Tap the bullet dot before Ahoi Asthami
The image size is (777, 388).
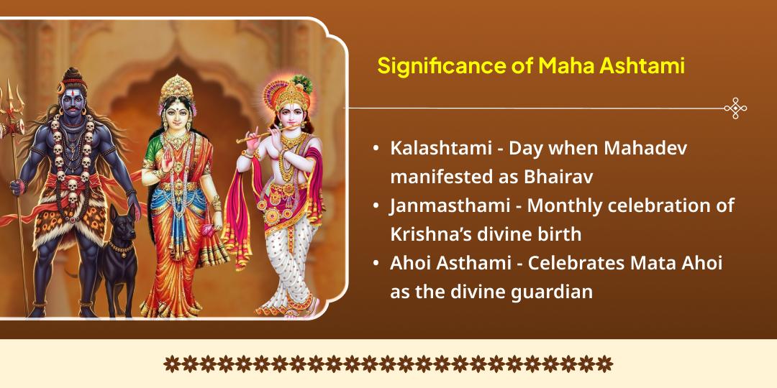click(376, 264)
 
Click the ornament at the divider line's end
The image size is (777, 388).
click(735, 108)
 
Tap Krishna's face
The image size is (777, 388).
click(286, 115)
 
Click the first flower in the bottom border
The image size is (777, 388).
click(171, 364)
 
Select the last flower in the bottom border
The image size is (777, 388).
click(606, 364)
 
